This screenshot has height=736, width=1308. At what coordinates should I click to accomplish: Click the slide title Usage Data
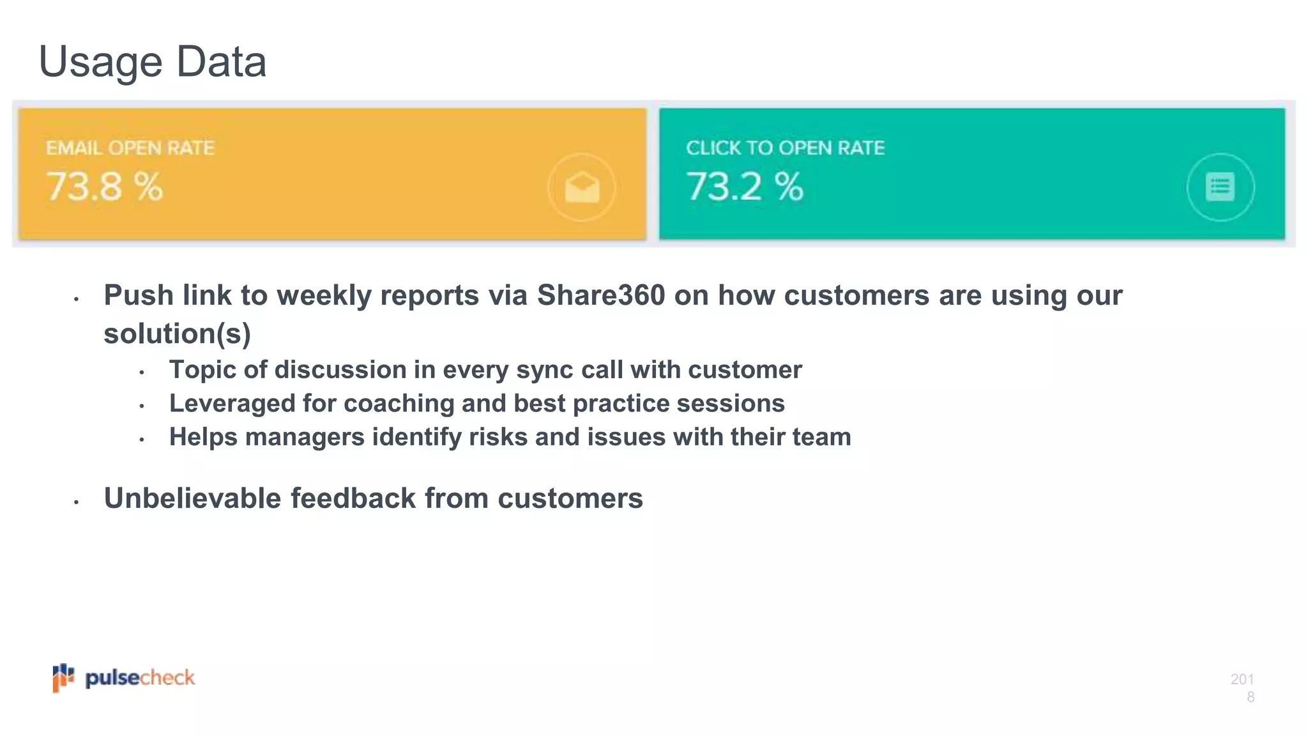coord(153,62)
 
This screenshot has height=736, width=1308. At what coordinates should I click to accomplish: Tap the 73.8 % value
coord(105,187)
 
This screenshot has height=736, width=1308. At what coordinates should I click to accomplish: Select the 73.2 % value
coord(745,187)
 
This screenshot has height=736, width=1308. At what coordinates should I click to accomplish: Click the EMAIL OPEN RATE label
coord(130,148)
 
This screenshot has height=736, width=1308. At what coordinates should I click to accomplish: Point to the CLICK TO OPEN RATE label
coord(785,148)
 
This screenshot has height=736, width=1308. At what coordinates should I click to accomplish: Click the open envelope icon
coord(582,188)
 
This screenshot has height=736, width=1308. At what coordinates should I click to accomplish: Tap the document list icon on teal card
coord(1220,187)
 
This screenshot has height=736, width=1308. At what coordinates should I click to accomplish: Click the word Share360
coord(600,296)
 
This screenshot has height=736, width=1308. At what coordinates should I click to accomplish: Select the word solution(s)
coord(177,333)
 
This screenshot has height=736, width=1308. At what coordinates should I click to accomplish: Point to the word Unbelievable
coord(192,498)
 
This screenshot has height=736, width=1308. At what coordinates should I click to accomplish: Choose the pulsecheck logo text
coord(140,678)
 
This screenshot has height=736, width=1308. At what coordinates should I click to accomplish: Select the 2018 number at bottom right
coord(1243,687)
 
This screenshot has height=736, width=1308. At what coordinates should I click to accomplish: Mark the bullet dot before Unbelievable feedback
coord(76,503)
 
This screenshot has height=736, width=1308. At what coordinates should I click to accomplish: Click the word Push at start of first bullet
coord(139,296)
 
